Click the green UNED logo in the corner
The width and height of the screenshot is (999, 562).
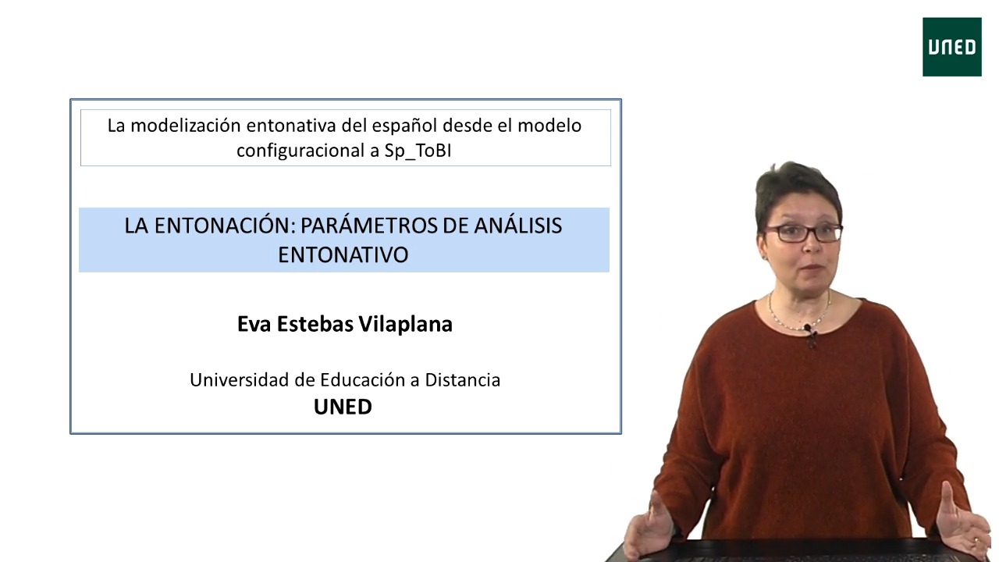point(951,47)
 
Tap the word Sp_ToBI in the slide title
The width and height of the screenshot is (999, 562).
point(418,151)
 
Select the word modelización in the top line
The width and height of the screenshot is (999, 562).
point(186,126)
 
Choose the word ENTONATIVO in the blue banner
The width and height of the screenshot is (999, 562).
point(343,254)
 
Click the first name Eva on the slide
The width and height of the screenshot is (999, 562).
point(254,324)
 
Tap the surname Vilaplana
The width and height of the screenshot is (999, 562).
point(406,325)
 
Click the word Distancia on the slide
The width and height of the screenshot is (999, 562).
point(463,380)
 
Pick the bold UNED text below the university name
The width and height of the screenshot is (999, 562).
point(343,407)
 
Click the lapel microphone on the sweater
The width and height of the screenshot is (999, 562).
point(810,333)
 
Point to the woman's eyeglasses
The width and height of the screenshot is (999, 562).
point(803,233)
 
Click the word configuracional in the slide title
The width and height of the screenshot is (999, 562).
point(301,151)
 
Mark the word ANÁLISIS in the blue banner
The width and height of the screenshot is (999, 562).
point(517,226)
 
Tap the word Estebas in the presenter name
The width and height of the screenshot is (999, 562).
point(315,324)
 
